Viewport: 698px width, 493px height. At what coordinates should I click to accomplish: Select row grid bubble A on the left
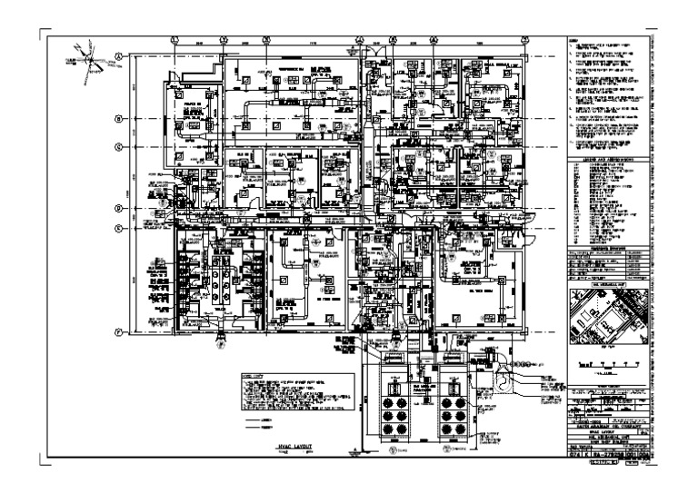[118, 55]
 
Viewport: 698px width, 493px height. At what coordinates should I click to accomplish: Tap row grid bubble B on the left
[118, 119]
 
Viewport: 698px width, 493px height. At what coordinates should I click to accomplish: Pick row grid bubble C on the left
[118, 146]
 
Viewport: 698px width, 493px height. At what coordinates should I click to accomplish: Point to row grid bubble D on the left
[118, 209]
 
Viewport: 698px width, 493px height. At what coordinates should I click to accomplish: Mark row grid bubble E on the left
[118, 228]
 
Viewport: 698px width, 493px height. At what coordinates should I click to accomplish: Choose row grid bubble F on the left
[118, 332]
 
